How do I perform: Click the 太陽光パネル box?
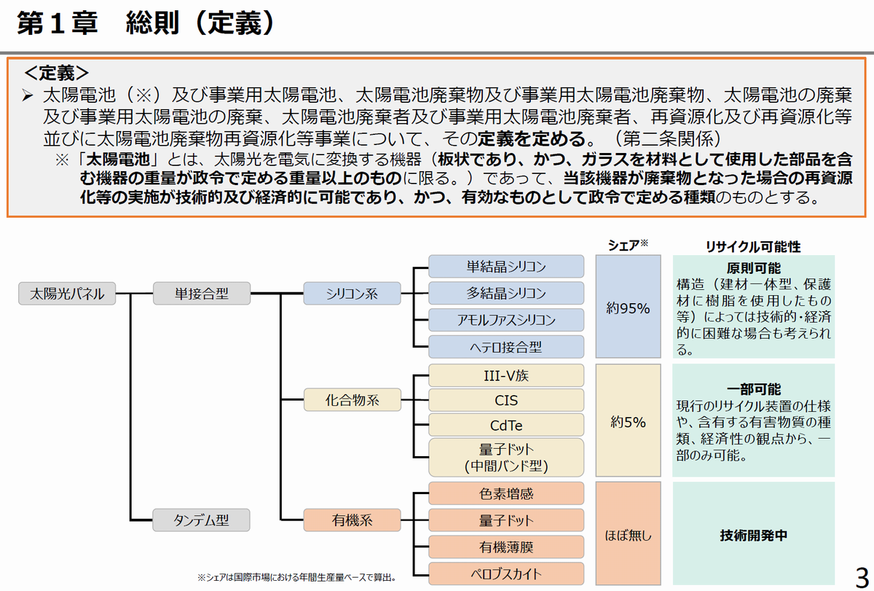tap(66, 294)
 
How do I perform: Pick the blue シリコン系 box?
tap(352, 294)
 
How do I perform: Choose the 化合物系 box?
tap(352, 399)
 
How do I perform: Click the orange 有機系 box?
tap(352, 520)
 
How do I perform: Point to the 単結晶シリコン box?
tap(506, 266)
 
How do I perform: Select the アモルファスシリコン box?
tap(506, 320)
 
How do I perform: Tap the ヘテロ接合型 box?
tap(506, 347)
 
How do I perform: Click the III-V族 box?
tap(506, 375)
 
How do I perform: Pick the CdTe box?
tap(506, 426)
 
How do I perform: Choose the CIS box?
tap(506, 400)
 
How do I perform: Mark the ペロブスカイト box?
tap(506, 574)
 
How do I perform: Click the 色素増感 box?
tap(506, 493)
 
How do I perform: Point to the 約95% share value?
tap(628, 308)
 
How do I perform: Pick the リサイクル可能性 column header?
tap(753, 247)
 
